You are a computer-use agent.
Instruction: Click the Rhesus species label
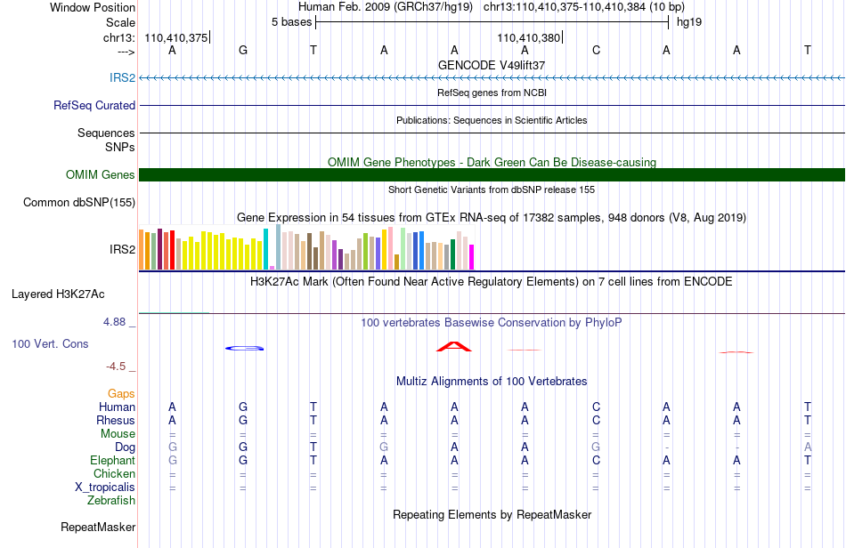[116, 420]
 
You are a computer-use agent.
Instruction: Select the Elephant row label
[112, 460]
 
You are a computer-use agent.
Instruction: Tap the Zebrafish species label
[111, 501]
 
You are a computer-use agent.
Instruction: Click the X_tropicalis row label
[105, 488]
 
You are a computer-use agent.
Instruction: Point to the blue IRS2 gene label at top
[123, 77]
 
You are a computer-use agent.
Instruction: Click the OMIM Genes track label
[101, 174]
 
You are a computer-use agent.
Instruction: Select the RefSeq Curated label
[94, 106]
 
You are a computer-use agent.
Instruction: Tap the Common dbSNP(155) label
[79, 203]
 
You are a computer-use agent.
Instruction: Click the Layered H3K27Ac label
[58, 294]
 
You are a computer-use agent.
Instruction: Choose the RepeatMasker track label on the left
[98, 527]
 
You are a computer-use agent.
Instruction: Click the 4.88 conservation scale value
[114, 322]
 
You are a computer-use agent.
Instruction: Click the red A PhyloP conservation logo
[454, 346]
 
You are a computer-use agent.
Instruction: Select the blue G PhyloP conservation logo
[244, 348]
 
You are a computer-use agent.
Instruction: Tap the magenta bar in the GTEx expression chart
[472, 257]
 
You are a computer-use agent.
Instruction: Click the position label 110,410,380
[528, 37]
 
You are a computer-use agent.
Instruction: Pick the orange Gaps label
[121, 394]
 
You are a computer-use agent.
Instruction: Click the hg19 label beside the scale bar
[689, 22]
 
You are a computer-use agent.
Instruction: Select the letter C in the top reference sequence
[596, 50]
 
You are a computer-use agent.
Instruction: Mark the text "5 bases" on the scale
[291, 22]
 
